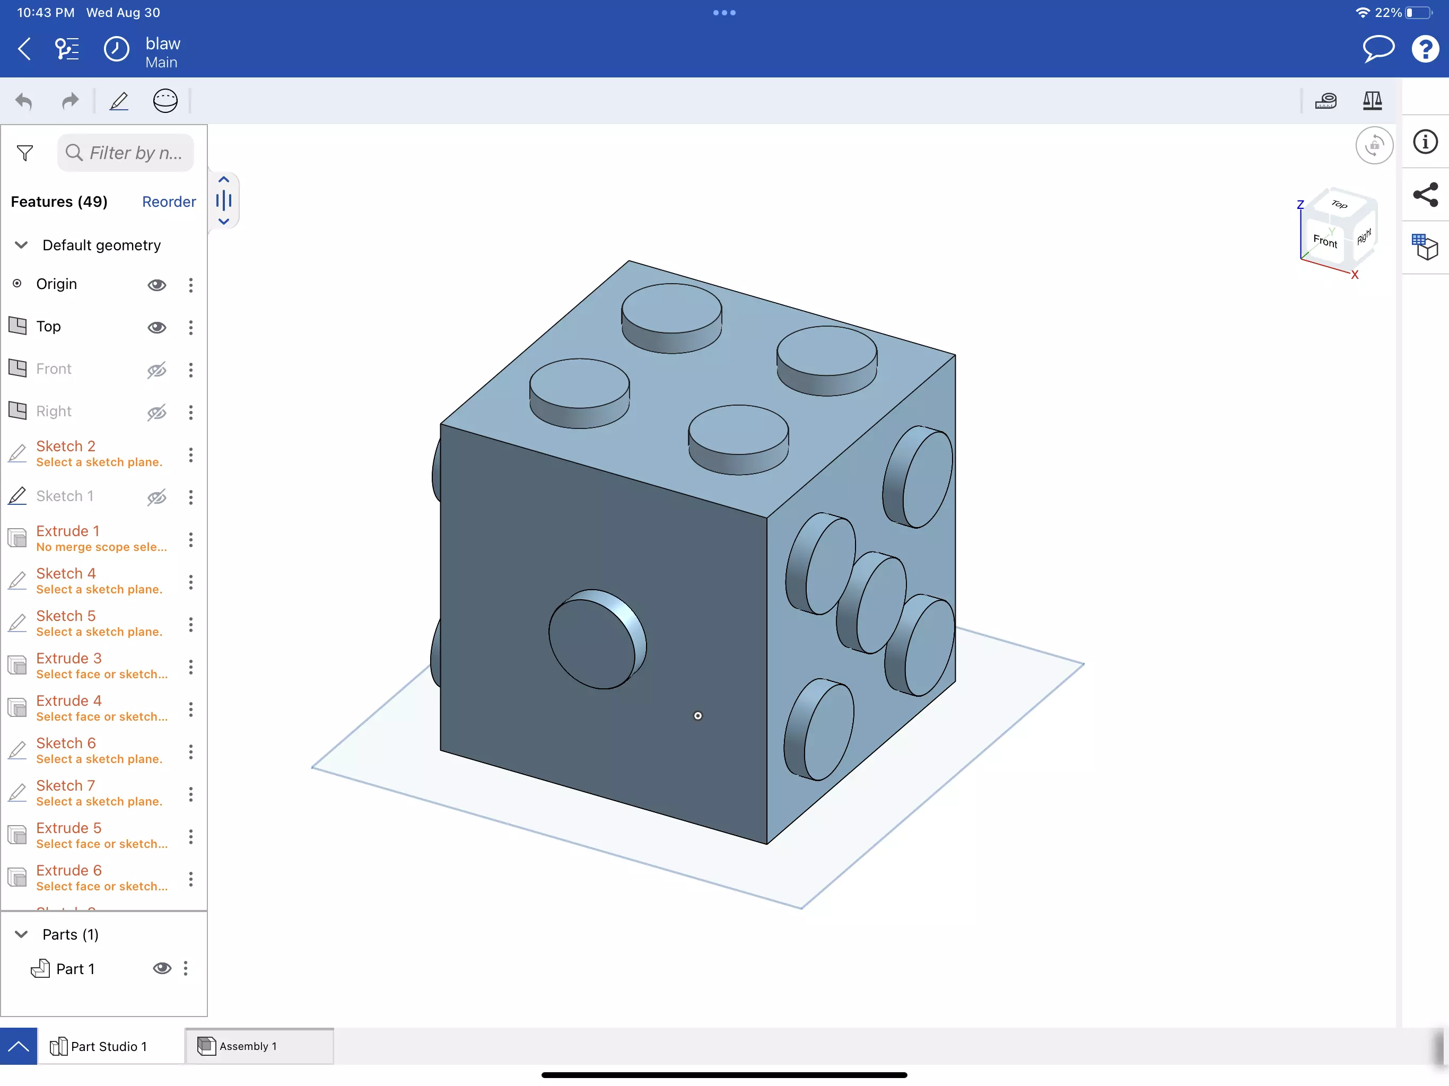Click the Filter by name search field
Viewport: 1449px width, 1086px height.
[x=126, y=153]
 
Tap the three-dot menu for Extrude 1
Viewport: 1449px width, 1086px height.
[x=190, y=540]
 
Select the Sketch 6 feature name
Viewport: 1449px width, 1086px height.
[x=66, y=743]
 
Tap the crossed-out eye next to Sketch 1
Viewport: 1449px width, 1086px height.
[x=156, y=497]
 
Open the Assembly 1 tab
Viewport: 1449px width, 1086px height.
[x=247, y=1046]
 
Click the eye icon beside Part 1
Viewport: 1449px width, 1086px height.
[x=162, y=968]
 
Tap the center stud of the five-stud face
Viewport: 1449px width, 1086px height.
[x=872, y=602]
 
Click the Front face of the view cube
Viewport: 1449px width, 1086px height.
[x=1324, y=241]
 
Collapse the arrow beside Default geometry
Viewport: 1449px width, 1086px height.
[x=21, y=245]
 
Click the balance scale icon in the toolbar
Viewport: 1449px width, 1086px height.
[x=1372, y=101]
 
